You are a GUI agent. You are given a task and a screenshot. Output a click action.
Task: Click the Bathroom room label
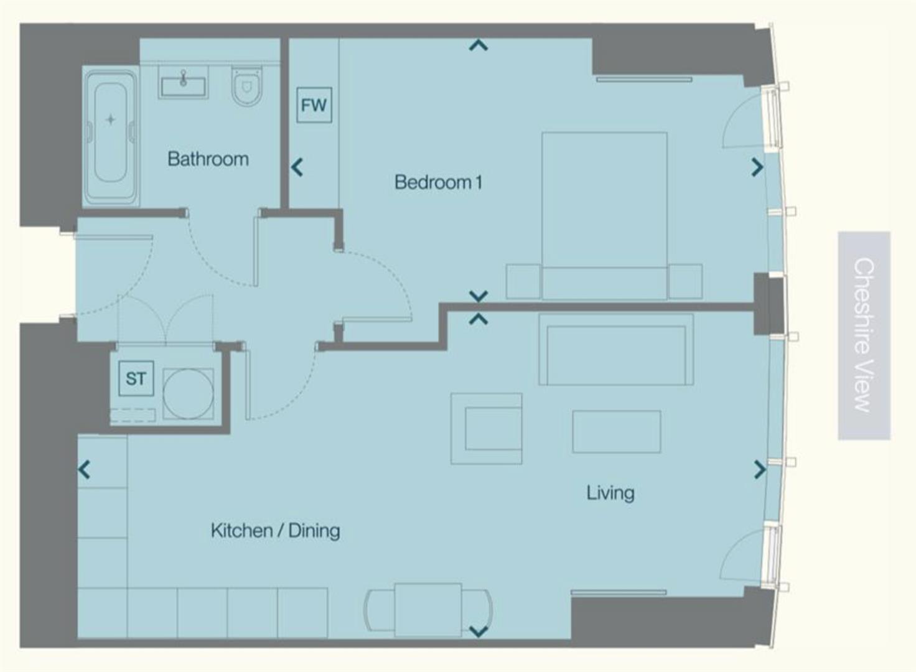(x=208, y=159)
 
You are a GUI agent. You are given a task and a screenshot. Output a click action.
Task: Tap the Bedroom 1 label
(x=438, y=182)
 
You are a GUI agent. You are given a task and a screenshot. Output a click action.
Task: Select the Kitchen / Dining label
(x=275, y=531)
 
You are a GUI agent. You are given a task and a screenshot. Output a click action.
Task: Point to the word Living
(x=610, y=493)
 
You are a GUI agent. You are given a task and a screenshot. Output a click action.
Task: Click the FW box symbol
(x=314, y=105)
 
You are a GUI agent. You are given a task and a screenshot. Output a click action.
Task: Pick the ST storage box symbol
(x=136, y=378)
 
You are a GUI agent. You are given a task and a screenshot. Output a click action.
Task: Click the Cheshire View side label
(x=864, y=335)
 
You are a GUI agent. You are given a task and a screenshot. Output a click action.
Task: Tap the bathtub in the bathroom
(x=111, y=137)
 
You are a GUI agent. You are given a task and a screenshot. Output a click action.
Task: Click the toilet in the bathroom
(x=247, y=86)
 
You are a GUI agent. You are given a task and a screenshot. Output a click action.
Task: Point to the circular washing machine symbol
(x=188, y=394)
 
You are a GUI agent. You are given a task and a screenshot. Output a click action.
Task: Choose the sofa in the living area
(x=615, y=350)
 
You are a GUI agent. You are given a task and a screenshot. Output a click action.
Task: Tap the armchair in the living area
(x=487, y=429)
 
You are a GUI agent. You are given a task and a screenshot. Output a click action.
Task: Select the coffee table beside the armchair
(x=616, y=431)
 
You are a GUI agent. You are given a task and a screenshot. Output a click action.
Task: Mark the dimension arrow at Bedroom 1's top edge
(x=478, y=45)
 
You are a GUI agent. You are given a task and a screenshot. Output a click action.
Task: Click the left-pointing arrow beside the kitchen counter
(x=85, y=469)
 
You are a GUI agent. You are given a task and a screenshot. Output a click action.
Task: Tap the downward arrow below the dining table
(x=478, y=632)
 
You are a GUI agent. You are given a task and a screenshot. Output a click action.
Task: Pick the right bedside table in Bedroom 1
(x=685, y=281)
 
